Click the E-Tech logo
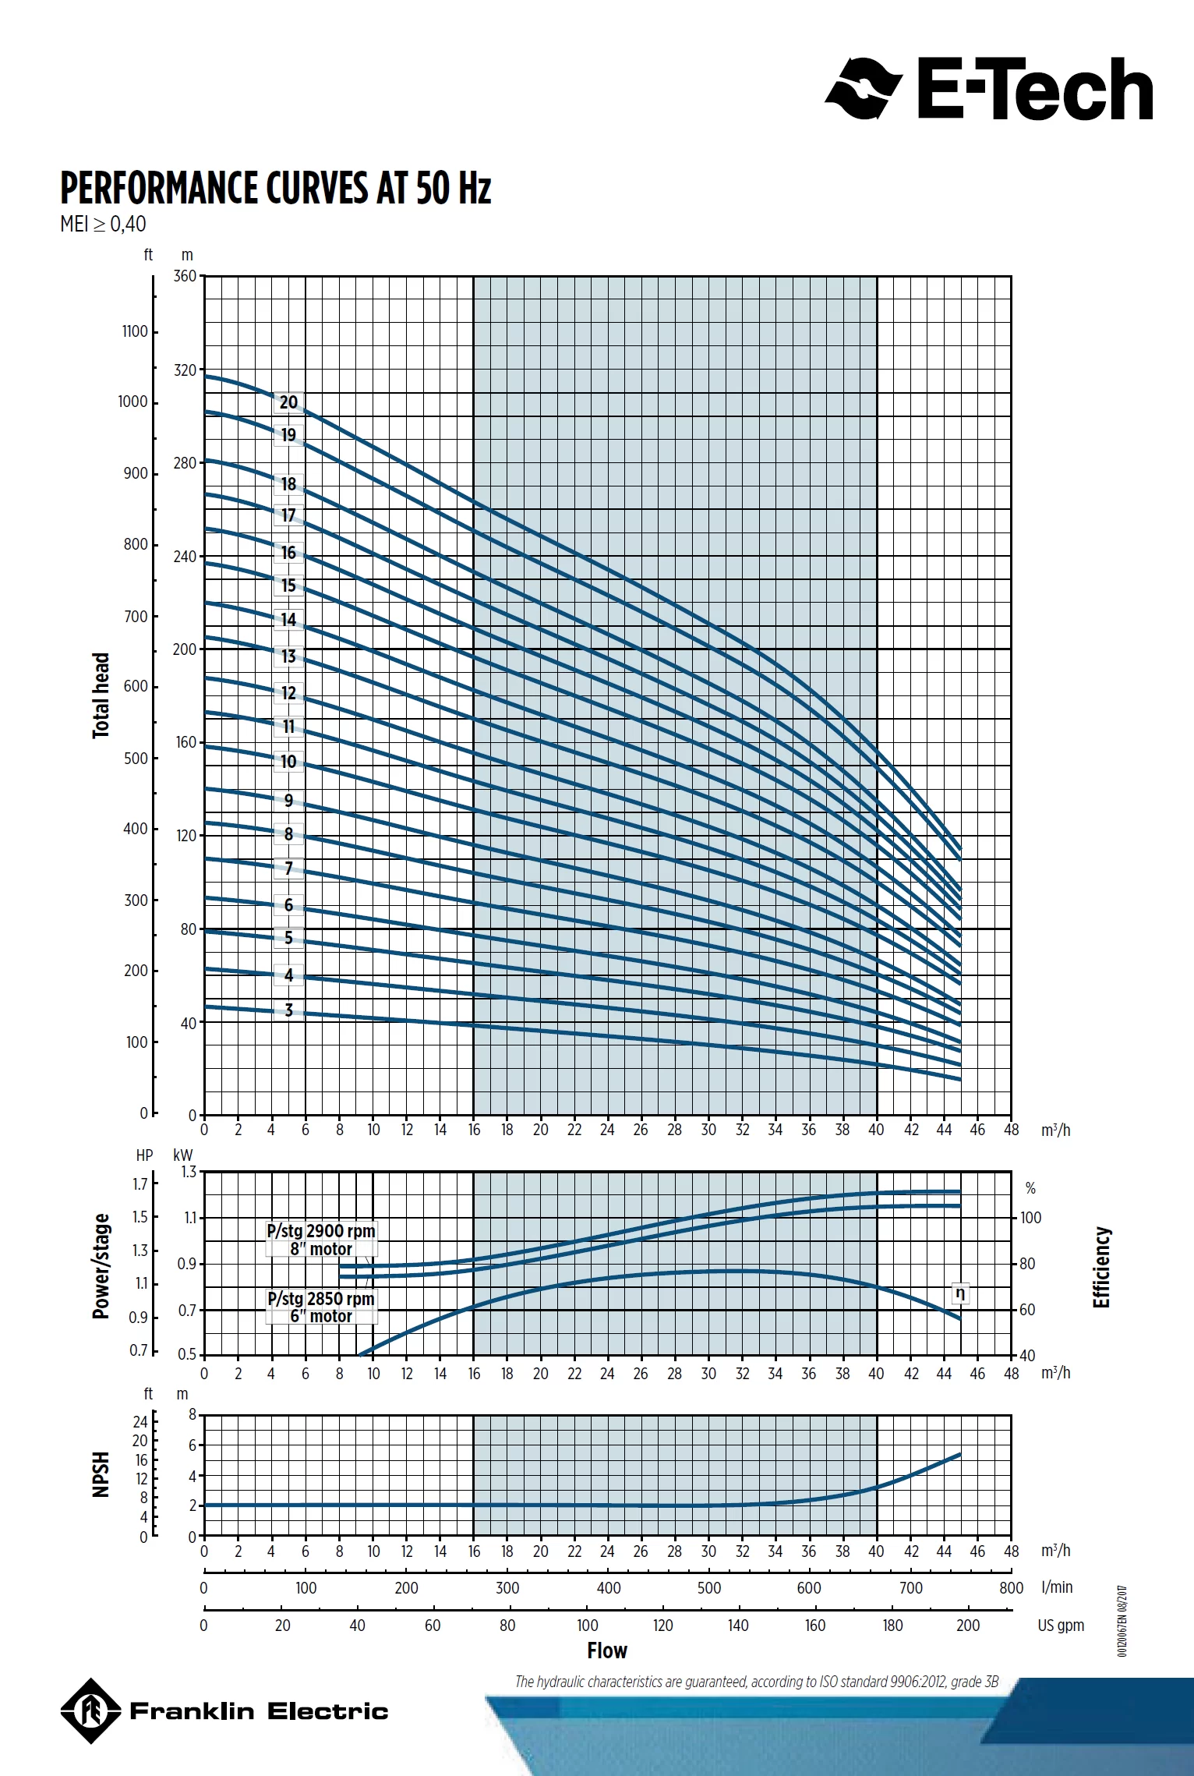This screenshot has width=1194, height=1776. [x=988, y=88]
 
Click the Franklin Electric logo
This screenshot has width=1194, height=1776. [x=224, y=1711]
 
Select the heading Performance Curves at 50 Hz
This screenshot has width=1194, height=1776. [x=276, y=188]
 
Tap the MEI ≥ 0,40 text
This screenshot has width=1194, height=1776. [x=103, y=225]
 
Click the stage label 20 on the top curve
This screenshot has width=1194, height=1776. [x=288, y=402]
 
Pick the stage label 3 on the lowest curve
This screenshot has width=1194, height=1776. [x=288, y=1010]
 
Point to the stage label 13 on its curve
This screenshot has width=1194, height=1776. [x=288, y=656]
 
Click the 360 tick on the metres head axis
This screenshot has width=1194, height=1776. [x=185, y=277]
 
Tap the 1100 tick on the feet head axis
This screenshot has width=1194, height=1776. [x=135, y=331]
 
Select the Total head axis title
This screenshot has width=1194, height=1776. [x=101, y=695]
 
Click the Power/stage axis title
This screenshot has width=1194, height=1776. [x=101, y=1266]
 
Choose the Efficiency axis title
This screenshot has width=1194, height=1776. [x=1100, y=1268]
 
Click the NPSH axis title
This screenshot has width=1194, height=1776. [x=101, y=1474]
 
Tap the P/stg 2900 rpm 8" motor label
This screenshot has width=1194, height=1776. [x=321, y=1240]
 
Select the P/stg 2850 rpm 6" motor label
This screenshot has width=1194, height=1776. [x=321, y=1307]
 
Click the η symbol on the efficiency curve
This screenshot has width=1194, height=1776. [x=960, y=1293]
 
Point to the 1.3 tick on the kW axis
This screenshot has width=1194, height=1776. [x=189, y=1172]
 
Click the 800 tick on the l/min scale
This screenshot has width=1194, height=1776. [x=1011, y=1587]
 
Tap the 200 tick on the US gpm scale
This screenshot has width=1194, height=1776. [x=968, y=1626]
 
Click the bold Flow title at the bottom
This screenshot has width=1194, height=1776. [x=607, y=1650]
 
